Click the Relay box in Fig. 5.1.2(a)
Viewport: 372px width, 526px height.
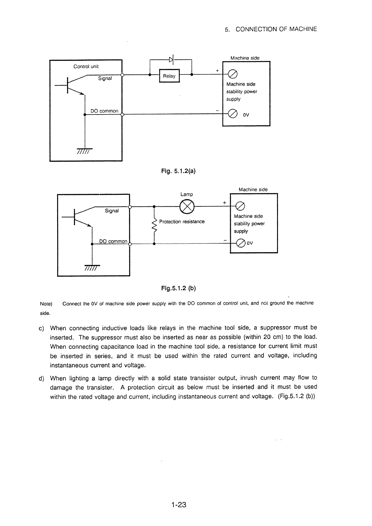tap(169, 76)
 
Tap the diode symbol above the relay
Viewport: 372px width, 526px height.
tap(171, 59)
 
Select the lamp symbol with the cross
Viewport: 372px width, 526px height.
tap(187, 207)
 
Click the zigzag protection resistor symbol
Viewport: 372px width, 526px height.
tap(154, 226)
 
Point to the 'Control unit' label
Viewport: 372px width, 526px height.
tap(86, 67)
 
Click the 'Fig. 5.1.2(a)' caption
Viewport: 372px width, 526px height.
tap(178, 171)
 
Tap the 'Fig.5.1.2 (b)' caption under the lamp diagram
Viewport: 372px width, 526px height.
tap(178, 288)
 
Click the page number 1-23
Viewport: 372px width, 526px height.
tap(179, 504)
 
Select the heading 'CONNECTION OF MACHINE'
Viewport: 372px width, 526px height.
tap(276, 29)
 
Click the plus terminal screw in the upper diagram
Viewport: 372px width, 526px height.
tap(233, 74)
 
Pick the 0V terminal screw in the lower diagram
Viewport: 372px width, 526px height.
tap(241, 243)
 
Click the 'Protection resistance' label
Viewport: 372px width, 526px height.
tap(182, 221)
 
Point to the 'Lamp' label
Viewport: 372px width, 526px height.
tap(187, 194)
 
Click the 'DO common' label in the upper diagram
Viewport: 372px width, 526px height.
tap(104, 111)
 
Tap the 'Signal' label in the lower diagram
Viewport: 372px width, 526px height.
tap(112, 211)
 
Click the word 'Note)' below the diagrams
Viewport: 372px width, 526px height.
tap(46, 304)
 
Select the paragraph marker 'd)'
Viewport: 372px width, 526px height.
tap(41, 378)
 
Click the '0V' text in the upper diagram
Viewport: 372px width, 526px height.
tap(246, 115)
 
